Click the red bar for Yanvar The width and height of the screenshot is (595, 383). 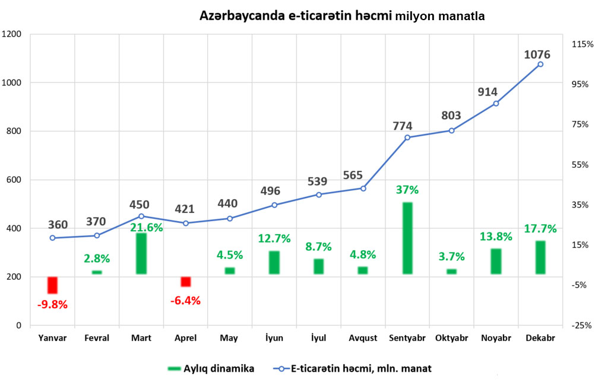pos(52,285)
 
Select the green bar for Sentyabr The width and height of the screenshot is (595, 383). pos(407,238)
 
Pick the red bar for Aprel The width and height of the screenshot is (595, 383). pos(186,282)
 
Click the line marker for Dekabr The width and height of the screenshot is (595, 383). pos(540,64)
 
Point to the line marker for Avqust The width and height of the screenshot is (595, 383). pos(363,189)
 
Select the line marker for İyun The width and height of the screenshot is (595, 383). pos(274,205)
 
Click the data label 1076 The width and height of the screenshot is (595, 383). pos(537,55)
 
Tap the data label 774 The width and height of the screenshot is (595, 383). pos(402,126)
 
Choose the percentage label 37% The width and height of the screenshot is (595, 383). pos(407,190)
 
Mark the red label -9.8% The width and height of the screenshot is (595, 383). pos(52,305)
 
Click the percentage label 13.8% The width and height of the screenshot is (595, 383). pos(495,237)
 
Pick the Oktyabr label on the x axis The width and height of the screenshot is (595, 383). pos(451,338)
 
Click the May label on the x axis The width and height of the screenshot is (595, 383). pos(229,338)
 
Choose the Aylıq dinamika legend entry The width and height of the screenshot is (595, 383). pos(211,368)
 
